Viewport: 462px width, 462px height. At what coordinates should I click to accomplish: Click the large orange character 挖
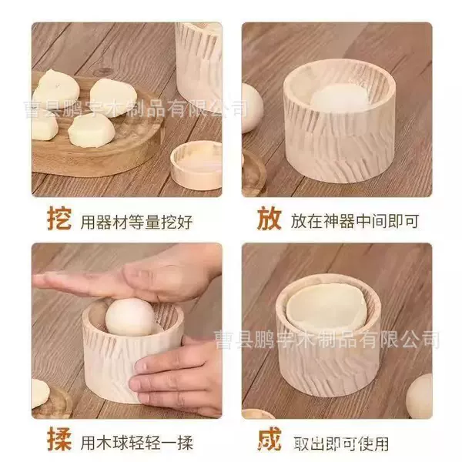(59, 219)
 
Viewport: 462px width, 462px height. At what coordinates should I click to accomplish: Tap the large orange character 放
(269, 218)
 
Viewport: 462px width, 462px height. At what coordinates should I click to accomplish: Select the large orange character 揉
(59, 439)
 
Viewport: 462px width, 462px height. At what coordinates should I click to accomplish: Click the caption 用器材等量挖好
(137, 222)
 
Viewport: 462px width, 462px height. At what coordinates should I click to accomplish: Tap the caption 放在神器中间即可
(355, 221)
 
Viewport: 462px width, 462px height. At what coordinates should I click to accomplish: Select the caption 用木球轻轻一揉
(137, 443)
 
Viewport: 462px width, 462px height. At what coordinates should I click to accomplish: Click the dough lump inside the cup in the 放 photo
(338, 98)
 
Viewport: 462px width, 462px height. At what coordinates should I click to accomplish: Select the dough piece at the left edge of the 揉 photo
(40, 393)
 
